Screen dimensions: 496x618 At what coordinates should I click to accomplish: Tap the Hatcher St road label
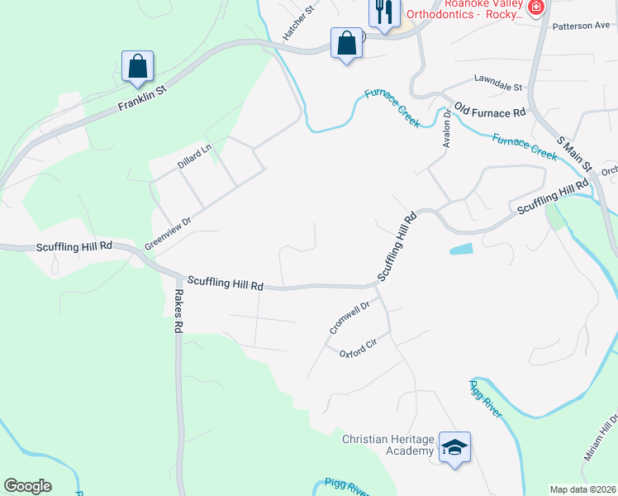click(299, 22)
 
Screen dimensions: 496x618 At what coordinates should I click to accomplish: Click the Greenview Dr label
click(168, 233)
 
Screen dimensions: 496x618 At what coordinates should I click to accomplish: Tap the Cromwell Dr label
click(348, 317)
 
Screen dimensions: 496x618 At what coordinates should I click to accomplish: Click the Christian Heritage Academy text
click(387, 444)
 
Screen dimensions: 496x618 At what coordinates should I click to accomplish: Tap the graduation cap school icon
click(454, 446)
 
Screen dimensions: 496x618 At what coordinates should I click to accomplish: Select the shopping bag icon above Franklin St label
click(137, 65)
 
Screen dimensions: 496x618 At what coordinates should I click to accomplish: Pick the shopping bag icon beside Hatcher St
click(347, 42)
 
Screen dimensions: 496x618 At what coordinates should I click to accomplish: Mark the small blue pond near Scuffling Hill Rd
click(462, 248)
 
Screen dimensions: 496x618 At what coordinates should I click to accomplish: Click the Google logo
click(27, 486)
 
